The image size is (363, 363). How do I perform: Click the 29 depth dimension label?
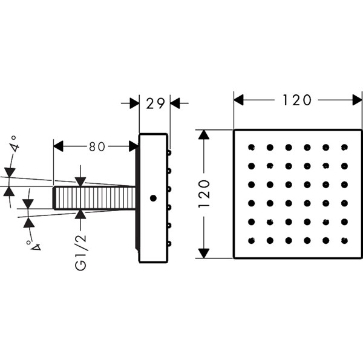coord(155,103)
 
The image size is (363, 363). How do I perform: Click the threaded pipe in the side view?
coord(94,198)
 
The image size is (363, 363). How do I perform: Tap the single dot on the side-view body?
coord(153,198)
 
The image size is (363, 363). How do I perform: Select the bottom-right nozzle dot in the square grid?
coord(344,241)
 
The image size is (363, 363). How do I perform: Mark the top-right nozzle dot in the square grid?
coord(344,147)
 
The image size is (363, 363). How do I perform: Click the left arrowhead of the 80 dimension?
coord(58,146)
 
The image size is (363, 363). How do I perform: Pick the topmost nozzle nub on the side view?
coord(170,152)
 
